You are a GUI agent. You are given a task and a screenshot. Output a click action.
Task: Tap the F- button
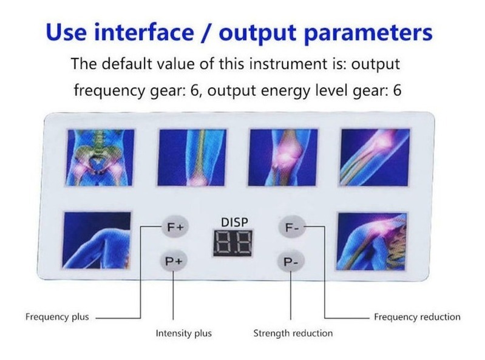click(x=291, y=227)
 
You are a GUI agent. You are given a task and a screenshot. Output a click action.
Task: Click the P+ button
click(x=174, y=261)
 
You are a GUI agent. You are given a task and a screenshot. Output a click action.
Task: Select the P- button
click(x=290, y=262)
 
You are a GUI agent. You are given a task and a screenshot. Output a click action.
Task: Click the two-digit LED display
click(x=233, y=243)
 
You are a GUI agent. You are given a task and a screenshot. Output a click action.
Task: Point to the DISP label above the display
click(x=234, y=222)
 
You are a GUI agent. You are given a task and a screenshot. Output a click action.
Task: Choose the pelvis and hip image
click(x=100, y=157)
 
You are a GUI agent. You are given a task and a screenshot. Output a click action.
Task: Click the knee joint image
click(x=283, y=157)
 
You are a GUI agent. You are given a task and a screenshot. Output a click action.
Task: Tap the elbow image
click(x=375, y=157)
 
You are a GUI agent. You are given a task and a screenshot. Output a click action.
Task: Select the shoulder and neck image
click(x=371, y=241)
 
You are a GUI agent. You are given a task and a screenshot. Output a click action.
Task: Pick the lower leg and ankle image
click(x=192, y=157)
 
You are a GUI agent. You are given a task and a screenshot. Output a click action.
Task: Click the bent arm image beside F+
click(x=97, y=240)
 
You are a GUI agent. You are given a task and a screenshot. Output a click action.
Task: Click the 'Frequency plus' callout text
click(x=57, y=317)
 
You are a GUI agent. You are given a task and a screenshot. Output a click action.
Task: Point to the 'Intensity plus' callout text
click(x=184, y=333)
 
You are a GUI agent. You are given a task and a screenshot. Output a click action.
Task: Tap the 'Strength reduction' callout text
click(x=293, y=333)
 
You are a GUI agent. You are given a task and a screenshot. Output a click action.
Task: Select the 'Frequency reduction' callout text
click(x=417, y=317)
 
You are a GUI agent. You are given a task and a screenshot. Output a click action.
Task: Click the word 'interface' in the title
click(x=144, y=32)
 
